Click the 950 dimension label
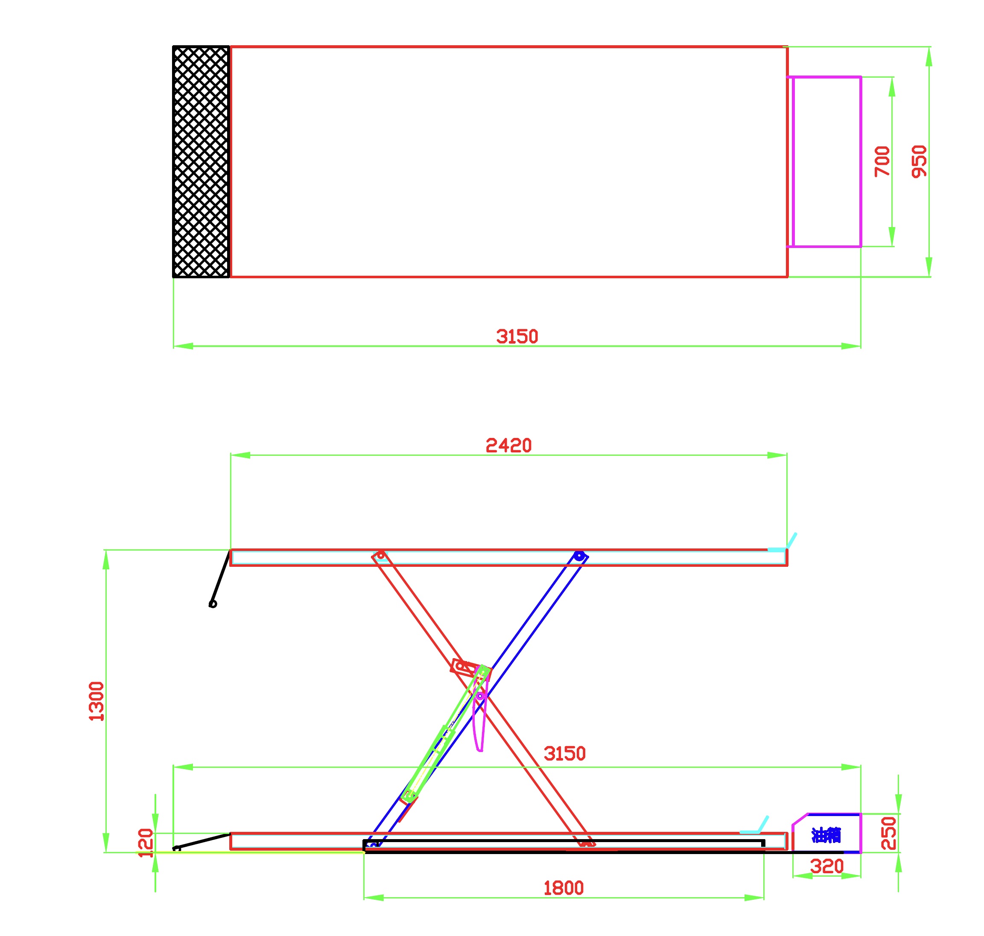tap(919, 162)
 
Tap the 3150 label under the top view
tap(517, 337)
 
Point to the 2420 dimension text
tap(508, 446)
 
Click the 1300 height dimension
tap(96, 702)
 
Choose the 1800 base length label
tap(564, 889)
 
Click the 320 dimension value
tap(827, 867)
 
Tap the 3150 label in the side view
tap(564, 754)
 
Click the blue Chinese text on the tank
tap(826, 835)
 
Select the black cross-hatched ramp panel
tap(201, 162)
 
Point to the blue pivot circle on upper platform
tap(579, 556)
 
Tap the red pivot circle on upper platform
tap(381, 555)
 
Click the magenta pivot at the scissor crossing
tap(479, 696)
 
